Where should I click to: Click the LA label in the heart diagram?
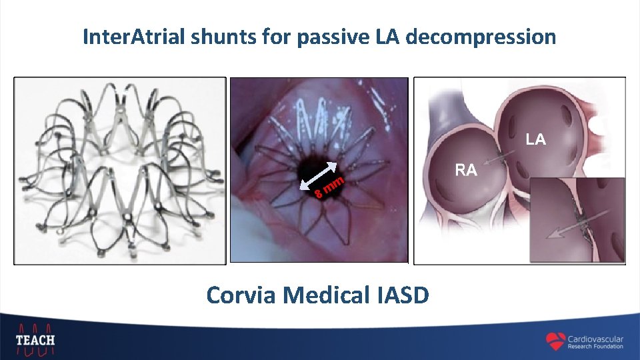(535, 139)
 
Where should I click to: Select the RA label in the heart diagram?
(466, 171)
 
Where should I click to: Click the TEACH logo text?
(35, 339)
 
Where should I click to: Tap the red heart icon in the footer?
(555, 341)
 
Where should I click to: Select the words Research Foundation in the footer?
(595, 347)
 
